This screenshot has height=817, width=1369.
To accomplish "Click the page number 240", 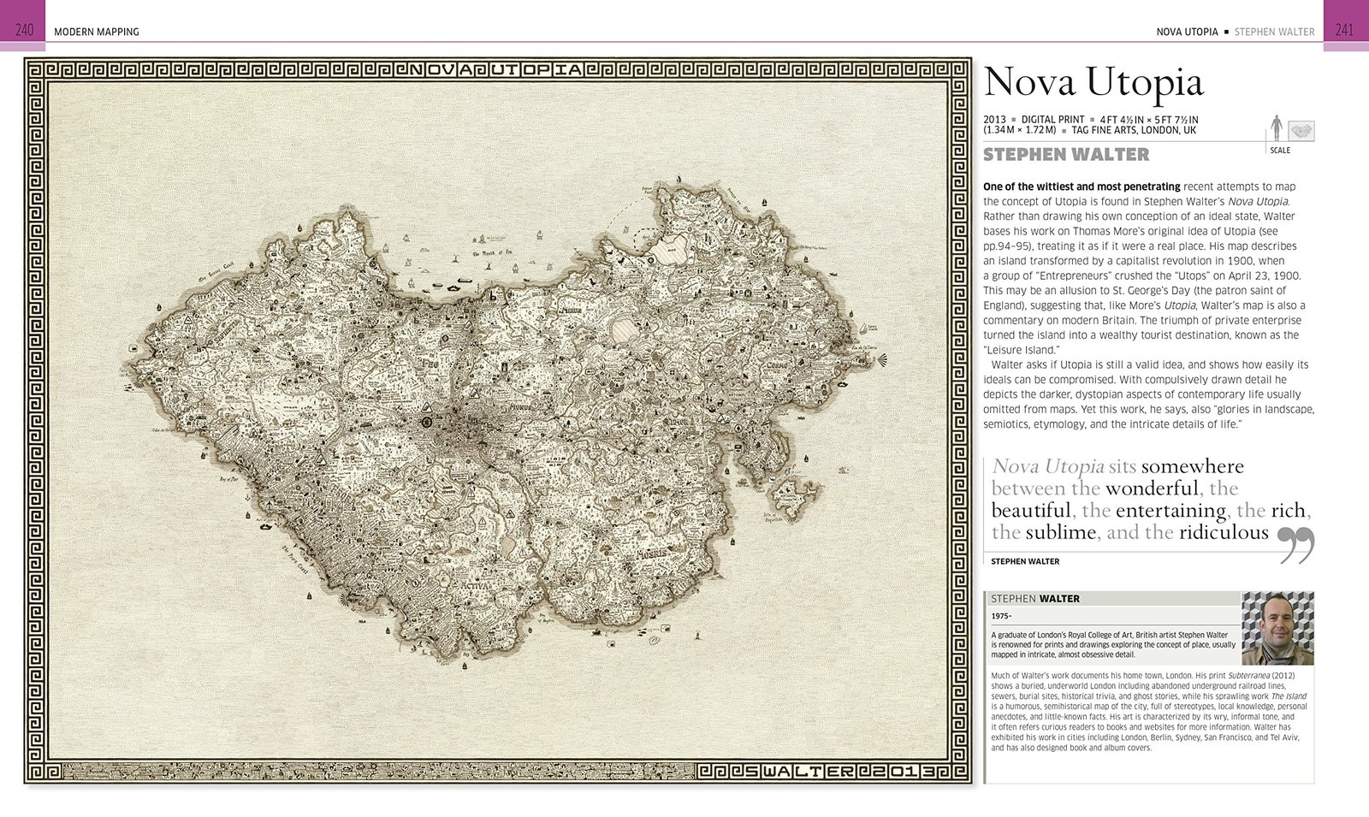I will coord(24,30).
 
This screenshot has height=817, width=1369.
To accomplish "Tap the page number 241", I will coord(1344,30).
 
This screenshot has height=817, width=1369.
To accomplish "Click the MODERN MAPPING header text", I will coord(96,32).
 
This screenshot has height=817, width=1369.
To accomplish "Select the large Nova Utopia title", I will coord(1093,82).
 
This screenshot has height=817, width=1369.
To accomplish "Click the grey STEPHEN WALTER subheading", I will coord(1066,155).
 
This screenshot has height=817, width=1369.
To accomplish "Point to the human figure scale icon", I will coord(1277,128).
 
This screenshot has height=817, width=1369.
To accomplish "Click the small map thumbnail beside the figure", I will coord(1301,130).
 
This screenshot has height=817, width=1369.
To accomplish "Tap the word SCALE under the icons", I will coord(1280,151).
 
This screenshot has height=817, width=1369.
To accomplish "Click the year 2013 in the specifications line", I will coord(994,120).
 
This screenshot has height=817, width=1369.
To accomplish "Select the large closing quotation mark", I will coord(1295,545).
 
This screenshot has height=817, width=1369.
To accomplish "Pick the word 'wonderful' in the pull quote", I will coord(1152,488).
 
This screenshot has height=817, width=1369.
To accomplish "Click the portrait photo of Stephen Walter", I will coord(1277,628).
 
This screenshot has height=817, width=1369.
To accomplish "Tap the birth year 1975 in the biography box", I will coord(1001,616).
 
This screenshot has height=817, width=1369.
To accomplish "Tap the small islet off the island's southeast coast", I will coord(793,494).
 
